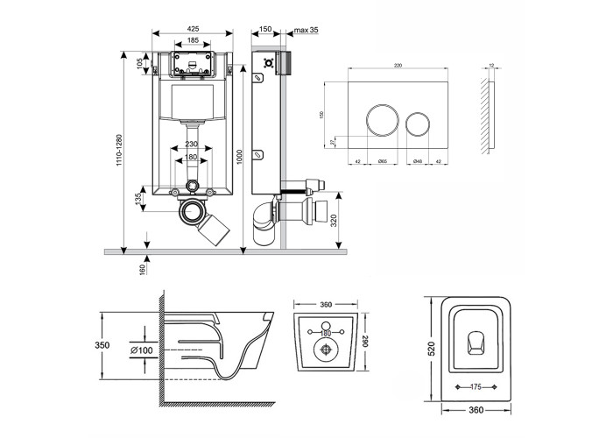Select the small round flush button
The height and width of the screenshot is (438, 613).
click(419, 119)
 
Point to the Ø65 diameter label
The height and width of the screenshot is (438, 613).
click(382, 161)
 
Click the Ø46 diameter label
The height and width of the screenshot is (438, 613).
click(419, 161)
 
